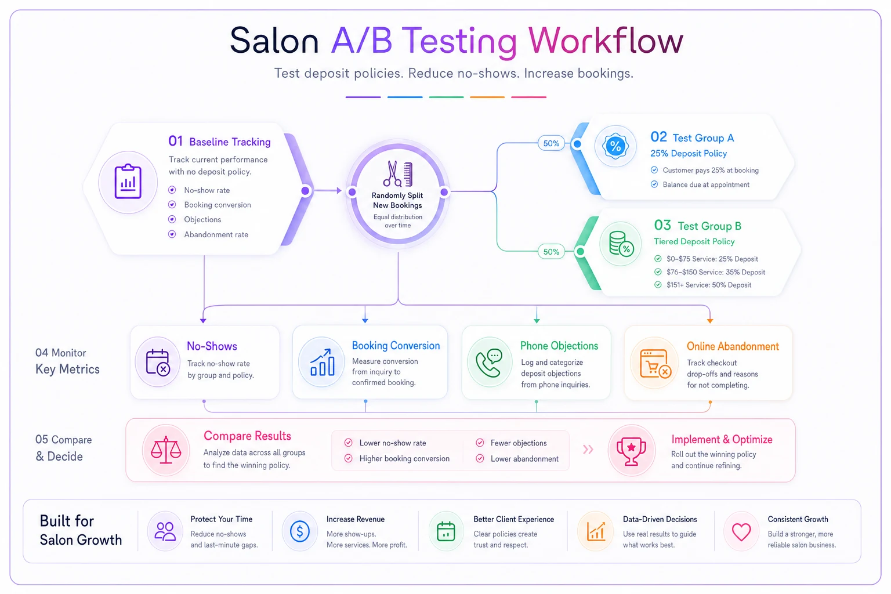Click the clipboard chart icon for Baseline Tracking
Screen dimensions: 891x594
[x=128, y=182]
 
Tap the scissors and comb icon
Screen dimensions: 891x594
[x=397, y=174]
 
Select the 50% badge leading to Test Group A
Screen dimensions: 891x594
[x=551, y=143]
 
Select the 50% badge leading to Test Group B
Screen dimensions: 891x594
[x=551, y=251]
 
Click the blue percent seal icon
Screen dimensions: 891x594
[x=615, y=146]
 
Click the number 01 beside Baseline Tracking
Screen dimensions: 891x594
[x=175, y=141]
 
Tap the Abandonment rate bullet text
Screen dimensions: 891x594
[x=216, y=234]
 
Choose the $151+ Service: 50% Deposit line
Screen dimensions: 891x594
[x=709, y=285]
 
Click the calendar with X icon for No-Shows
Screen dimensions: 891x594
[x=158, y=362]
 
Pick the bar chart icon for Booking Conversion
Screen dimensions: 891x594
[x=322, y=362]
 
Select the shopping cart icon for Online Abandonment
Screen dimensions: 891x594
[x=655, y=363]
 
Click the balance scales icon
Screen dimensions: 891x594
[x=166, y=450]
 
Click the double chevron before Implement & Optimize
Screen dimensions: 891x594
[x=588, y=450]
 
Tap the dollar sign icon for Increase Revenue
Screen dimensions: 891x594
[x=300, y=531]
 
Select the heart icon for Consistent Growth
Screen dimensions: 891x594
[x=741, y=532]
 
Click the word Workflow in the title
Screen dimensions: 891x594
[x=606, y=41]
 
